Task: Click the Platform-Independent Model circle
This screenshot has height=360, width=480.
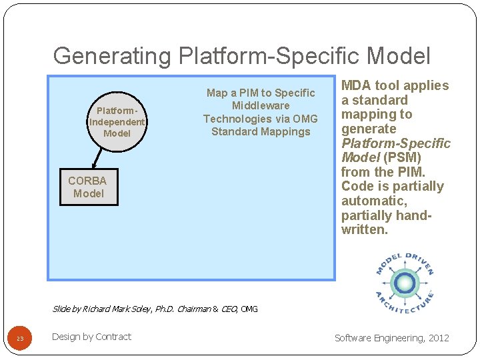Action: pos(117,122)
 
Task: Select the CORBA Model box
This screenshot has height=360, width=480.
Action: pos(89,187)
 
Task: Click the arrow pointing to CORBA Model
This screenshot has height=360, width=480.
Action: pos(98,158)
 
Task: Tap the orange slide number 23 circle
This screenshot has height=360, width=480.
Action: pos(20,339)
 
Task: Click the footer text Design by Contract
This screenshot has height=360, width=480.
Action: pos(91,337)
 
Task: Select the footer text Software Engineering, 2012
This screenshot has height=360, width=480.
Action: pos(392,338)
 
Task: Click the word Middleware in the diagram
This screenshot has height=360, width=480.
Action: pos(261,105)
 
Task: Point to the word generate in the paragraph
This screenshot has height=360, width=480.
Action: pos(369,129)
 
